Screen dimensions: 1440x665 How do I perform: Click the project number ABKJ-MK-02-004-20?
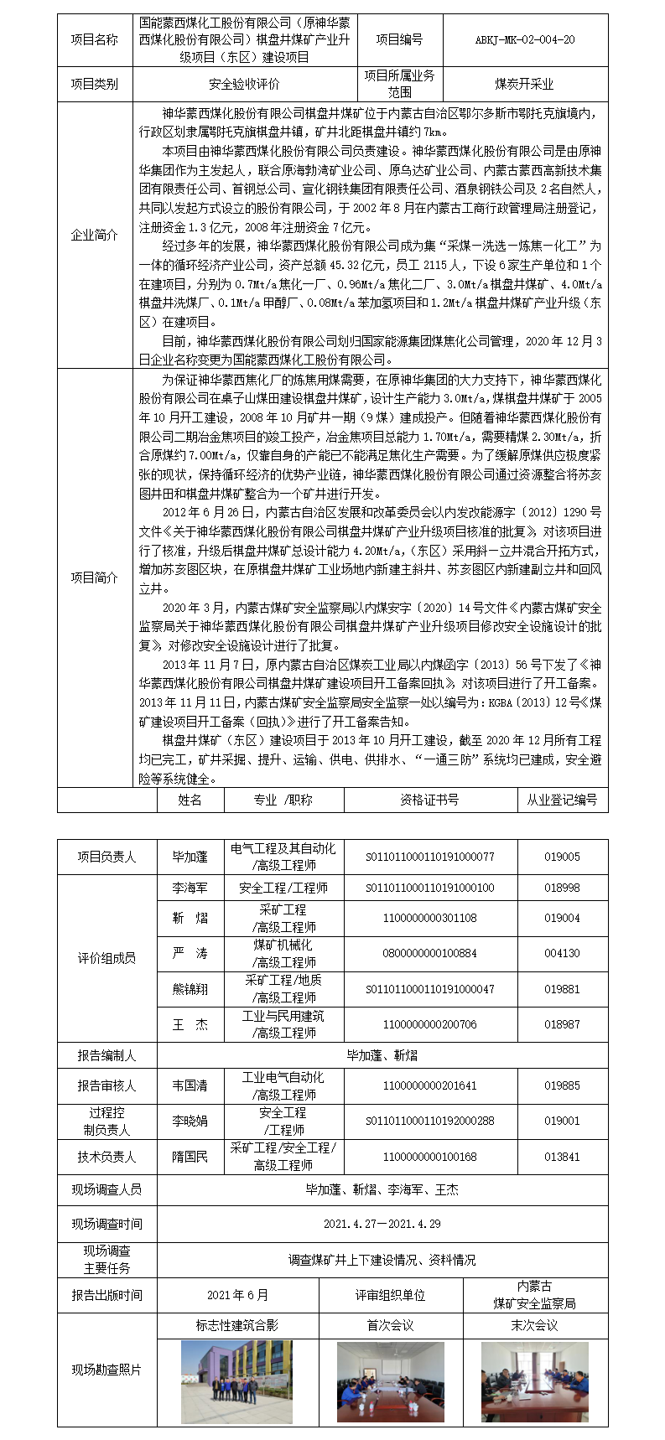click(x=525, y=39)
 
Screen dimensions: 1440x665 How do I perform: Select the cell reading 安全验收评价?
click(x=244, y=84)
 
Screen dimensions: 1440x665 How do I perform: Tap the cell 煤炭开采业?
click(x=524, y=84)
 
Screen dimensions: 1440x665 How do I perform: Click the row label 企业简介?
click(x=95, y=236)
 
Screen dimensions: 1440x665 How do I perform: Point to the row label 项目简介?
click(x=95, y=578)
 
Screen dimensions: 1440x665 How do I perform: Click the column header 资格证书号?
click(x=430, y=800)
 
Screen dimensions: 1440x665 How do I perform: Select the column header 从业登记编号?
click(x=562, y=800)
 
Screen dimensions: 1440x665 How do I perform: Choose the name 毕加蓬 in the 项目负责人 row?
click(x=190, y=857)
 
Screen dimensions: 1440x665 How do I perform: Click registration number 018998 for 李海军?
click(x=562, y=888)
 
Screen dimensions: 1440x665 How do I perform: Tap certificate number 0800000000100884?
click(x=430, y=953)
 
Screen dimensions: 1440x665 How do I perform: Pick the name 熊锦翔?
click(x=190, y=989)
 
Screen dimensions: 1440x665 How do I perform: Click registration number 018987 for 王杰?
click(x=562, y=1024)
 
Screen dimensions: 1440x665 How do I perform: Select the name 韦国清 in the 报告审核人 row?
click(x=190, y=1085)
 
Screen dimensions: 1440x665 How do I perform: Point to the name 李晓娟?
click(x=190, y=1121)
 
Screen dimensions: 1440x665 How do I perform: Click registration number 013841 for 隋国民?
click(x=562, y=1157)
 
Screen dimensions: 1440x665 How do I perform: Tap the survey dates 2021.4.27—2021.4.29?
click(x=382, y=1224)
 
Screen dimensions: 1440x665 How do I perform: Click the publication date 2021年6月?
click(x=238, y=1295)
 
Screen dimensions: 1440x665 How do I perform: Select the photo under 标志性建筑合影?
click(x=237, y=1380)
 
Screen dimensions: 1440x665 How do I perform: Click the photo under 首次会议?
click(x=391, y=1380)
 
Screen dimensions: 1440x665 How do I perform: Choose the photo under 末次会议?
click(x=535, y=1380)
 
